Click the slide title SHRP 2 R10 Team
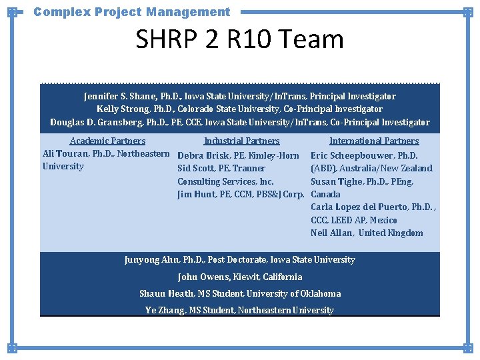(239, 40)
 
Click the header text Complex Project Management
(131, 11)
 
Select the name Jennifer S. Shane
(118, 96)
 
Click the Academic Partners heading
(107, 141)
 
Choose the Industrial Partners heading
(241, 141)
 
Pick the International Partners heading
(374, 141)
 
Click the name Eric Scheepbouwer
(353, 155)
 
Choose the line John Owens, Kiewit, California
(239, 277)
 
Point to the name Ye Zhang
(164, 310)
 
